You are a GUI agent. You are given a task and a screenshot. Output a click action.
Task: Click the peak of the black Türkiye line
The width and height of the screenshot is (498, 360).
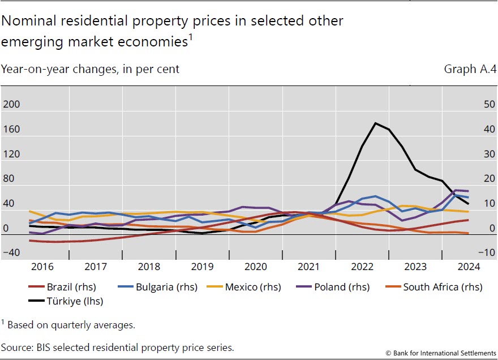pyautogui.click(x=375, y=123)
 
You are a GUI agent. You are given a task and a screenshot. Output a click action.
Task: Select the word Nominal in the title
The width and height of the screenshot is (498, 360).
pyautogui.click(x=29, y=21)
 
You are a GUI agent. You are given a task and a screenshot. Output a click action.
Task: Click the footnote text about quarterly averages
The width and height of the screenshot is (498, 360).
pyautogui.click(x=70, y=325)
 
